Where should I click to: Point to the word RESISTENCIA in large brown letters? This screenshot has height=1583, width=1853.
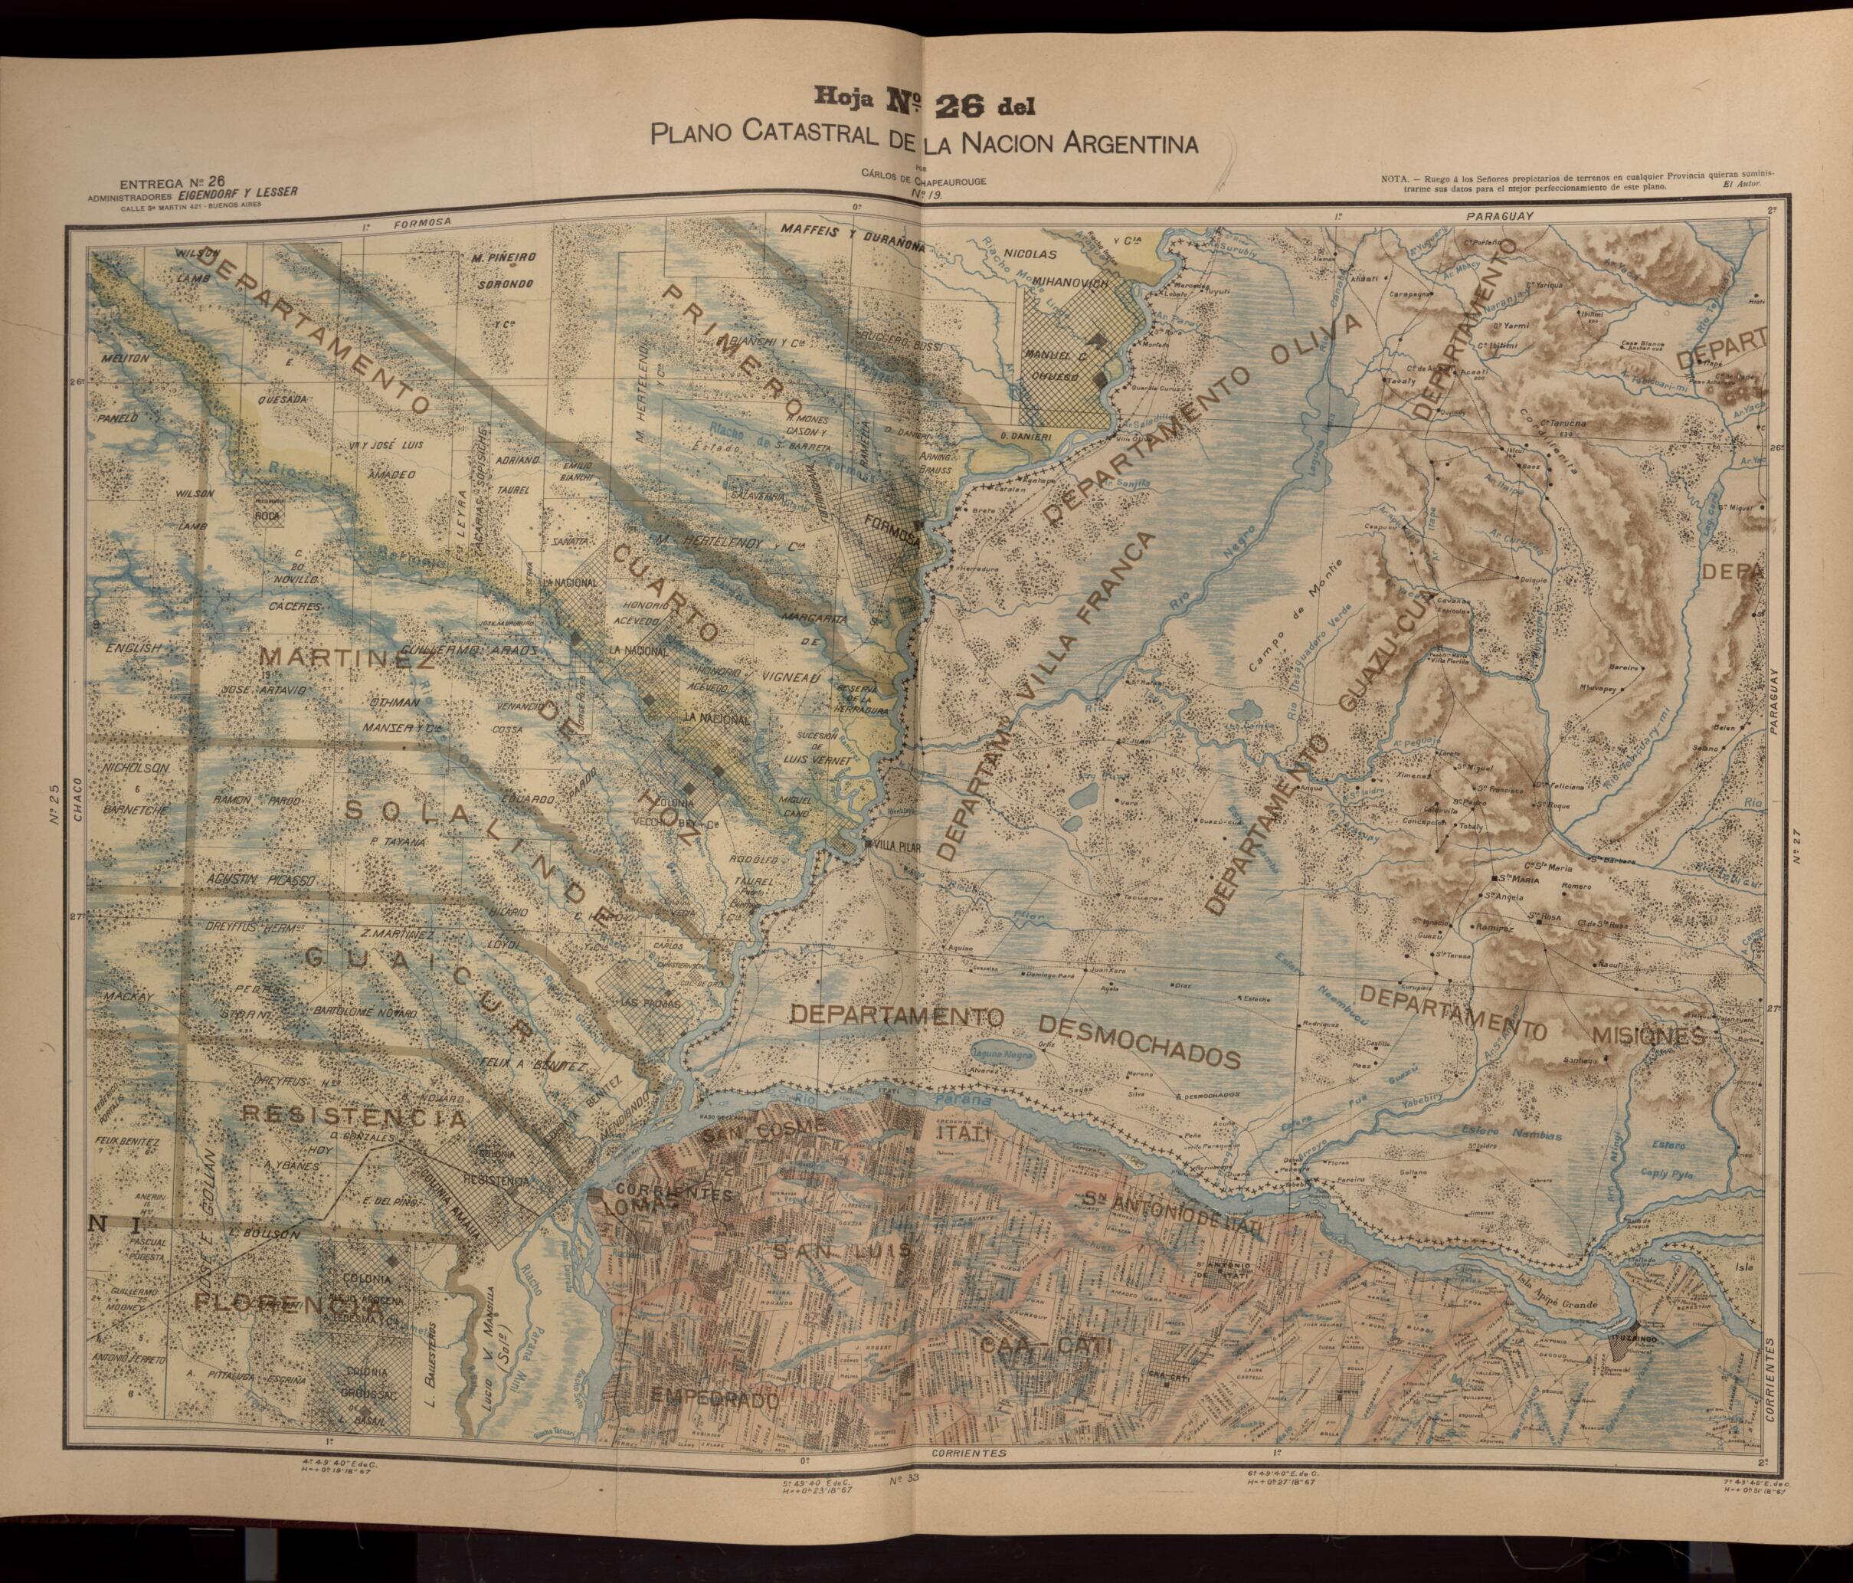point(355,1118)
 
